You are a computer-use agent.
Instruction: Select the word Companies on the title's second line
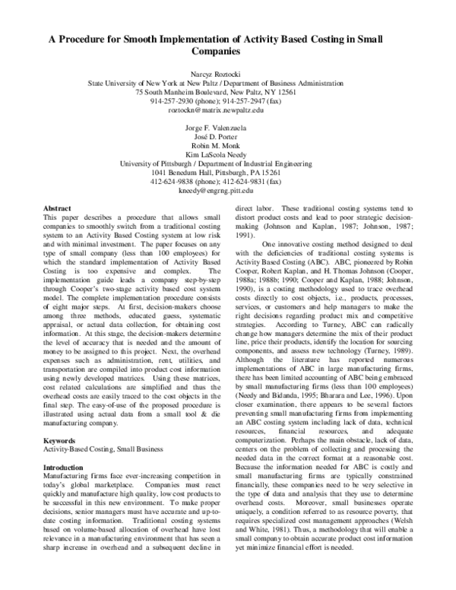click(228, 52)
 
